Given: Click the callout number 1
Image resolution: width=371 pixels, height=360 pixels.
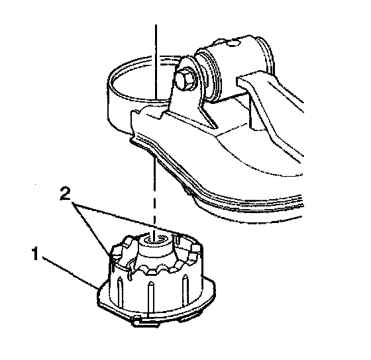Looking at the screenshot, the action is click(35, 253).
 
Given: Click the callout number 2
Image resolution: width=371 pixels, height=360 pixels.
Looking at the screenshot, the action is click(66, 193).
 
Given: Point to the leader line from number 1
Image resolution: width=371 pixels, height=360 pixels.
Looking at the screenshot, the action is click(70, 273).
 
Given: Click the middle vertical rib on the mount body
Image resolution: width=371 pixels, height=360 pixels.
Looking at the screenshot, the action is click(150, 298).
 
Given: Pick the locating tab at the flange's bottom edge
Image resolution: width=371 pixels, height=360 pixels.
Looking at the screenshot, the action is click(144, 322).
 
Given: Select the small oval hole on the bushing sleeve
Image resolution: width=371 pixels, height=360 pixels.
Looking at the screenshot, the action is click(233, 43).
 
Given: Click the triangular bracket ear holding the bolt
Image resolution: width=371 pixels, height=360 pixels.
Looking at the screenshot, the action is click(187, 92).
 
